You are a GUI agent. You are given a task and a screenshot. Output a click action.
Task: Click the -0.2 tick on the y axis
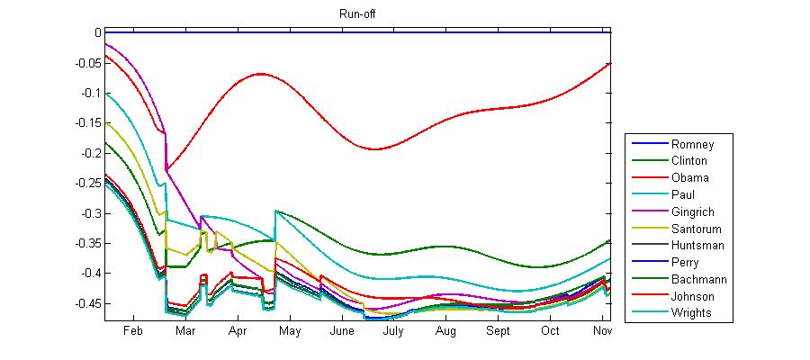[x=90, y=153]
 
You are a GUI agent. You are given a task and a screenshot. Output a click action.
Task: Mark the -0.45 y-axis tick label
[x=87, y=303]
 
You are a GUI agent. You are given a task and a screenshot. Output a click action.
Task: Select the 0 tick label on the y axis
[x=97, y=32]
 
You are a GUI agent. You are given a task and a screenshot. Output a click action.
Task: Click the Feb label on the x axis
[x=133, y=331]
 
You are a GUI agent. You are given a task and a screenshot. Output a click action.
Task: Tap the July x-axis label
[x=393, y=331]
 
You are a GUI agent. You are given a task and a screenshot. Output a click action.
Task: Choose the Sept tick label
[x=498, y=331]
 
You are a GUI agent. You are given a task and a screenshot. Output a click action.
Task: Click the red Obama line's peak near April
[x=261, y=74]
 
